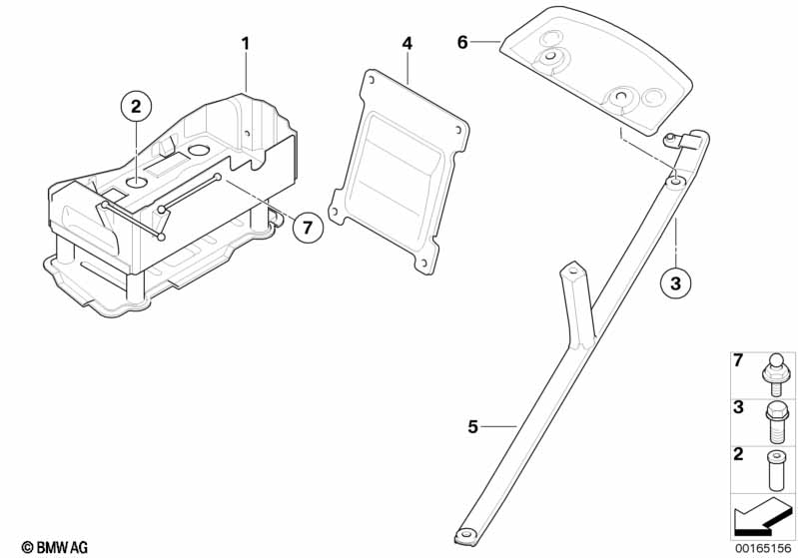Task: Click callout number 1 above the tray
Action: tap(247, 44)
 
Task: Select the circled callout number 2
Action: tap(137, 104)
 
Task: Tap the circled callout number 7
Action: tap(308, 228)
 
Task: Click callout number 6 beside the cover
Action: tap(462, 42)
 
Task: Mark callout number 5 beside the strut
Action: tap(473, 427)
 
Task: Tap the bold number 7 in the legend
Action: tap(738, 360)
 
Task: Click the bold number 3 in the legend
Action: tap(738, 408)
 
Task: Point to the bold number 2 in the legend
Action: tap(738, 455)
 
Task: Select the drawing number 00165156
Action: tap(764, 547)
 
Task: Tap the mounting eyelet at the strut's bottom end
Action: tap(465, 535)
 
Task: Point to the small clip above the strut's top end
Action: tap(679, 141)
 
